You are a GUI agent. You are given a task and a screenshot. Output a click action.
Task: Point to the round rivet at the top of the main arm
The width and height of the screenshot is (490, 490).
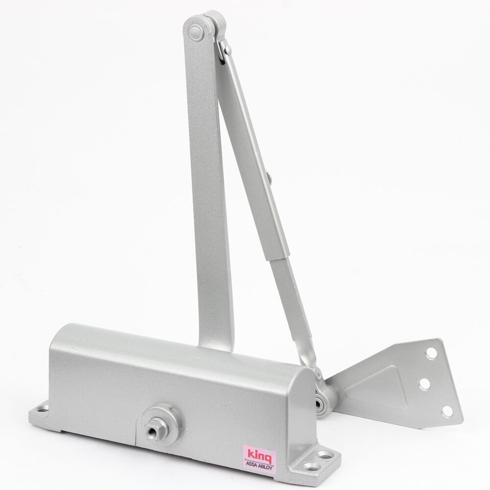(x=196, y=31)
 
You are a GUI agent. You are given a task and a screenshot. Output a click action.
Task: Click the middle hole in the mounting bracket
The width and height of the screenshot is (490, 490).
(x=424, y=383)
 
